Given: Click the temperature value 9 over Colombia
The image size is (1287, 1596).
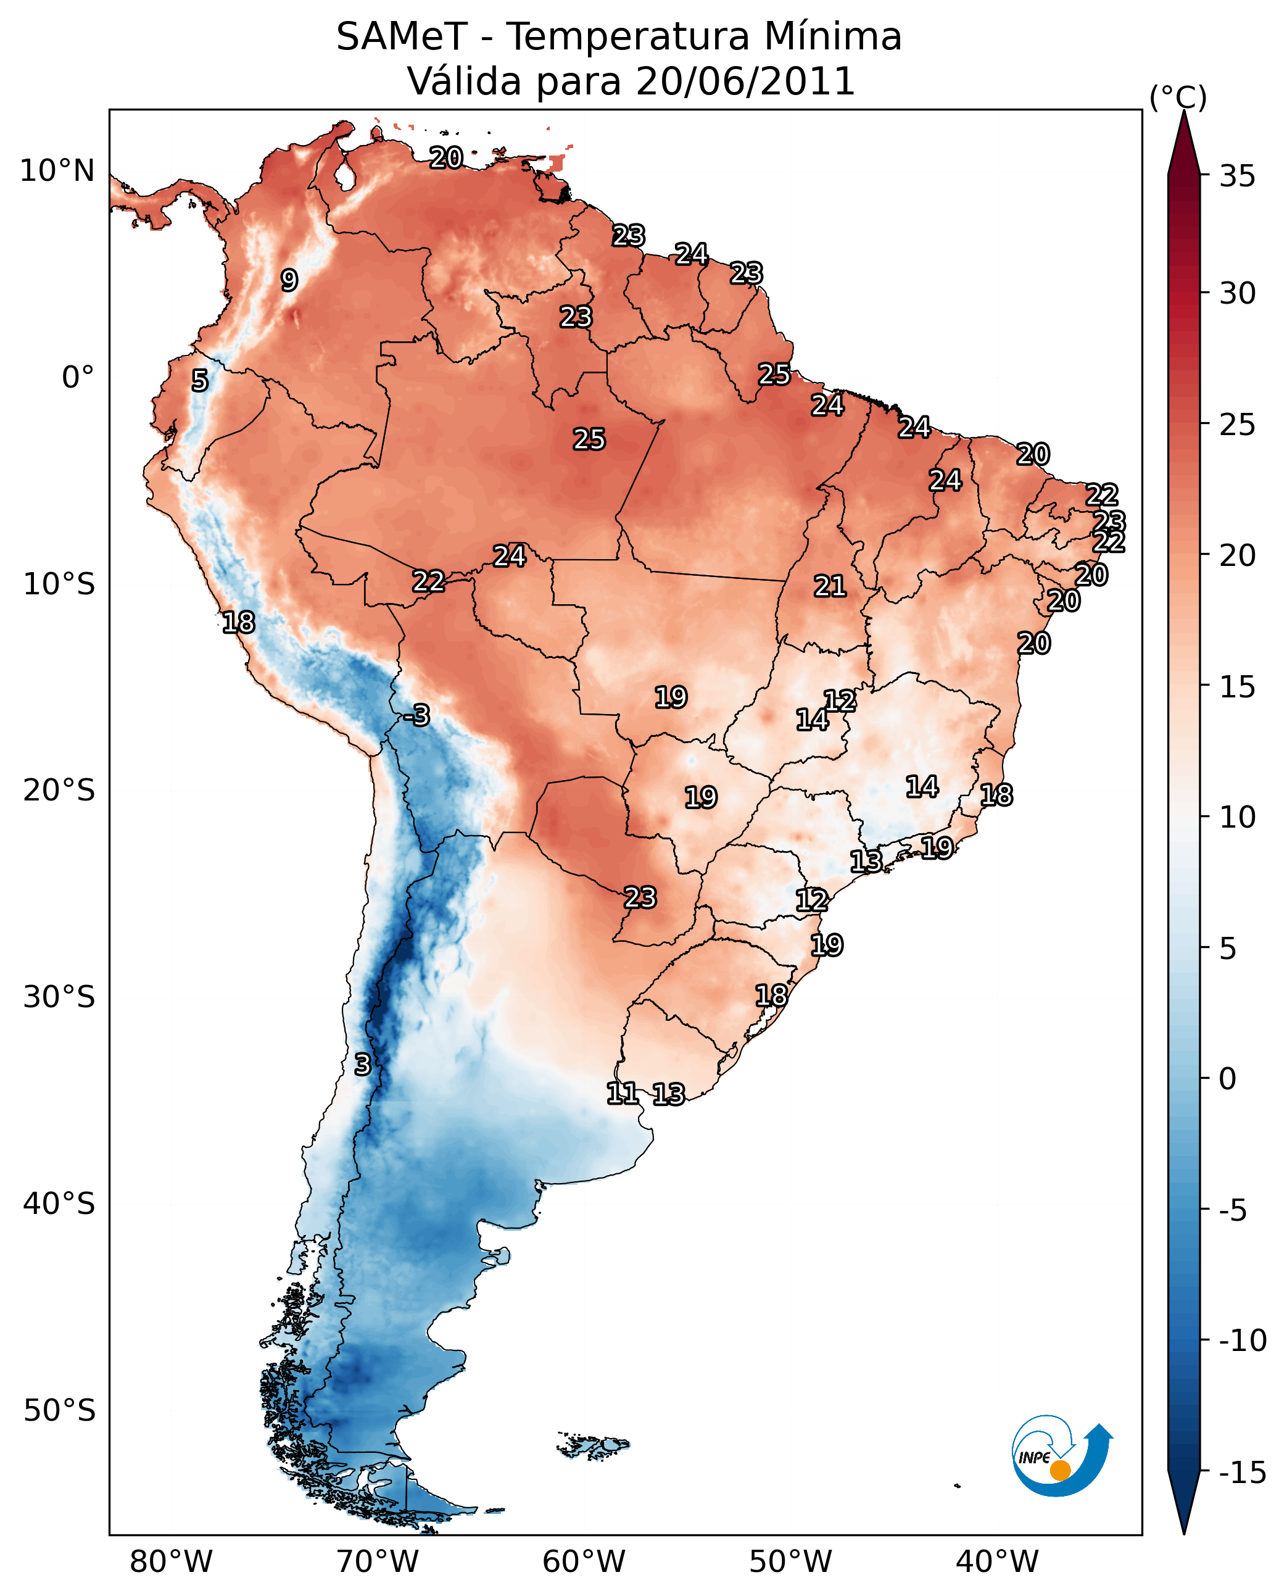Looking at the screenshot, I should coord(289,280).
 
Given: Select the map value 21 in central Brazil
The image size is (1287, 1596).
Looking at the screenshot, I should coord(830,587).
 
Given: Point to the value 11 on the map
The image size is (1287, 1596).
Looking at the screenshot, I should coord(621,1092).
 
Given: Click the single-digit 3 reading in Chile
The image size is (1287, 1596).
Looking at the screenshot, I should coord(362,1064).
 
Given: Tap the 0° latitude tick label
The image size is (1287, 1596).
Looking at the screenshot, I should coord(78,378).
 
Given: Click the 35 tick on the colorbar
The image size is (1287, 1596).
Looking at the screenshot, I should coord(1237,177).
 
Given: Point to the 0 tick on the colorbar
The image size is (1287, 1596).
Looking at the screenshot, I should coord(1228,1079).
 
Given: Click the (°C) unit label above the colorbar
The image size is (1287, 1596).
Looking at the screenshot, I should coord(1178,97).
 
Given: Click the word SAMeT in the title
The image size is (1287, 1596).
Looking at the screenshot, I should coord(402,36).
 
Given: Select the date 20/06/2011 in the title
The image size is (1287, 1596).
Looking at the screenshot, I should coord(745,81).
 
